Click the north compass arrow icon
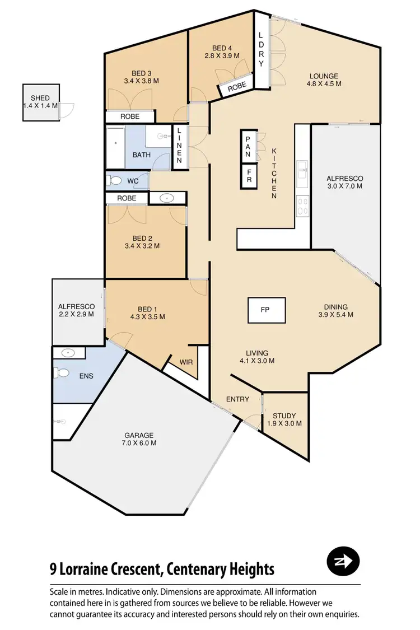[x=343, y=561]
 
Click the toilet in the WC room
[x=115, y=181]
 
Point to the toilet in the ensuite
[x=62, y=372]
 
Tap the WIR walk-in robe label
[x=186, y=362]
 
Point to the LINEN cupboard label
[x=179, y=146]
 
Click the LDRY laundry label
[x=260, y=49]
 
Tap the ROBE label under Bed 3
[x=130, y=116]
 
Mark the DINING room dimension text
[x=336, y=315]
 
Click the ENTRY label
[x=237, y=399]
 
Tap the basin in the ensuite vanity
[x=68, y=353]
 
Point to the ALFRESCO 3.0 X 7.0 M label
[x=344, y=183]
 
